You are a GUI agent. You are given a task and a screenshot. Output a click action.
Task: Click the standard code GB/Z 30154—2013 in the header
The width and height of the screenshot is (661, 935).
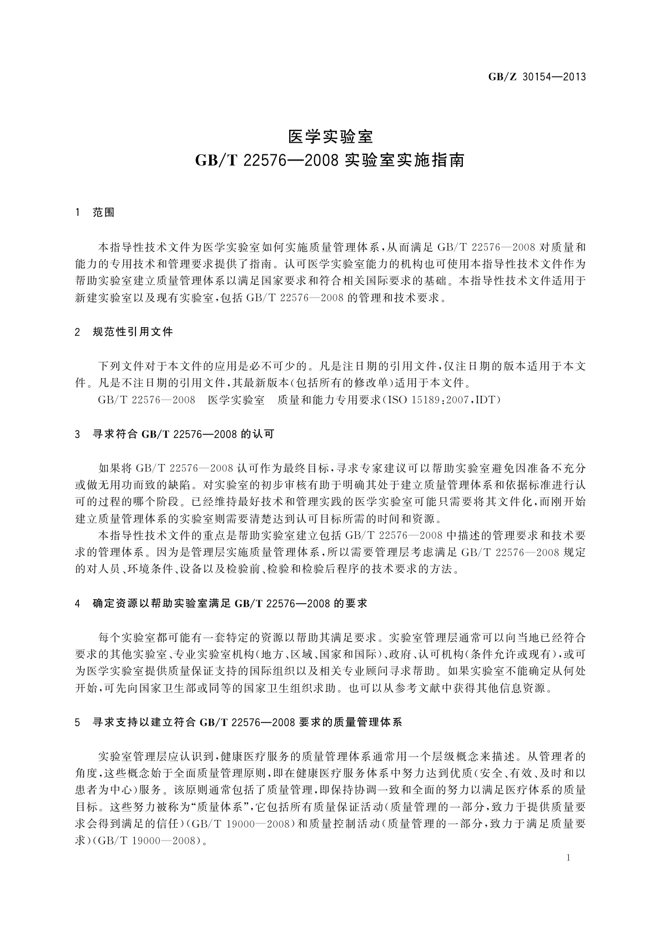pyautogui.click(x=537, y=77)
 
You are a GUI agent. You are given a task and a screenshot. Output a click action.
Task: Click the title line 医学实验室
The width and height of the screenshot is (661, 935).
pyautogui.click(x=330, y=136)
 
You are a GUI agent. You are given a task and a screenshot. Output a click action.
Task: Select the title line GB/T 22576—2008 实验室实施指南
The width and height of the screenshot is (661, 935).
pyautogui.click(x=330, y=162)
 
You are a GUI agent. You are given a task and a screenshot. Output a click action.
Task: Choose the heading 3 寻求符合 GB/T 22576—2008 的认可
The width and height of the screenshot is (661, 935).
pyautogui.click(x=174, y=435)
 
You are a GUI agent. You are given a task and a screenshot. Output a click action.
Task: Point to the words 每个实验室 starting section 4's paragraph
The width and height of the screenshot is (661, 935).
pyautogui.click(x=121, y=638)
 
